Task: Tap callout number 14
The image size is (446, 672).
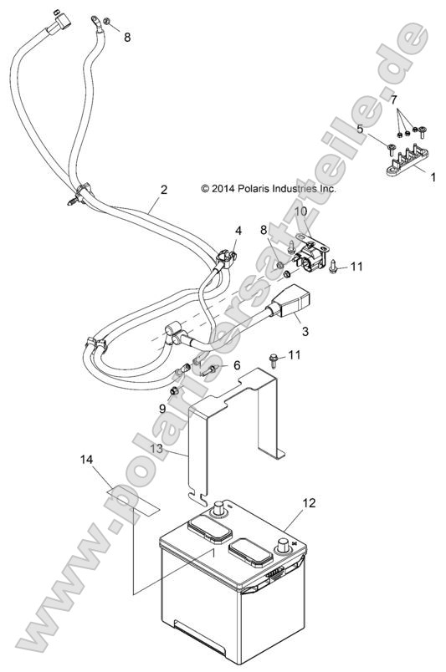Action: click(88, 461)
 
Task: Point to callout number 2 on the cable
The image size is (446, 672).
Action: click(163, 190)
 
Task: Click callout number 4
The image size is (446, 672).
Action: click(238, 230)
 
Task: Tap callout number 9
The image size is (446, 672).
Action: click(162, 408)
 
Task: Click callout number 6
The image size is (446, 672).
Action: click(236, 365)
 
